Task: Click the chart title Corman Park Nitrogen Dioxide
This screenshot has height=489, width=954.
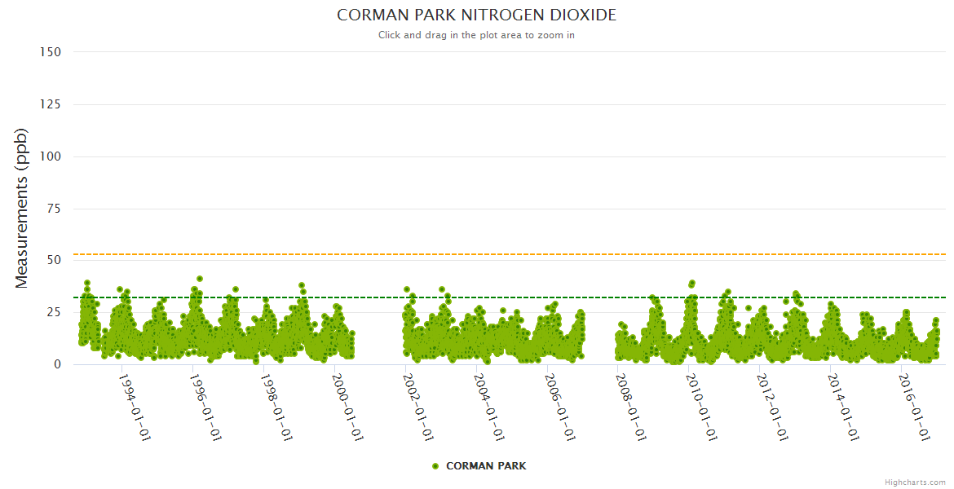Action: [476, 15]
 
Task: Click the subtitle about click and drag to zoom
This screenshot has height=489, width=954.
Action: [476, 35]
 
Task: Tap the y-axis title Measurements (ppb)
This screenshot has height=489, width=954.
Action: [22, 208]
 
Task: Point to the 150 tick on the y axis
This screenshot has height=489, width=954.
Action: [50, 52]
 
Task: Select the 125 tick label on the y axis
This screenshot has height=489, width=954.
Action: [50, 104]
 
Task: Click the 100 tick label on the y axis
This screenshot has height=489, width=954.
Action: [50, 156]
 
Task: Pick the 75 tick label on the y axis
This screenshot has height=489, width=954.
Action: [53, 209]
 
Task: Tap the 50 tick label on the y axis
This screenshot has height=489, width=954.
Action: [53, 260]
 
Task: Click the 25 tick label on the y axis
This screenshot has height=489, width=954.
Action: [53, 312]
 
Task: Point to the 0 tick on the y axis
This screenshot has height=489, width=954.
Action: [57, 364]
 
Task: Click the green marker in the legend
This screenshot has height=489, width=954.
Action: [435, 466]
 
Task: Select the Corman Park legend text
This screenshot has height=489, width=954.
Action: [486, 466]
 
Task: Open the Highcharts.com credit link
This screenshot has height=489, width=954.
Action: [915, 482]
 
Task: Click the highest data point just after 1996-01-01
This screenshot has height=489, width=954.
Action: [200, 279]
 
